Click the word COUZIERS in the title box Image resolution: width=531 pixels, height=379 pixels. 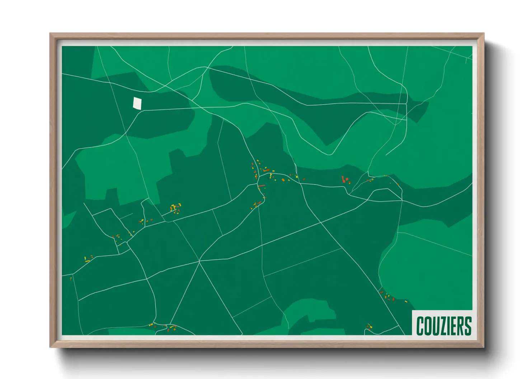click(444, 326)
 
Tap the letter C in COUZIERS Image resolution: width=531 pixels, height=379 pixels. click(420, 326)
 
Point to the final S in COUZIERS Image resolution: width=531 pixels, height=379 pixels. click(467, 326)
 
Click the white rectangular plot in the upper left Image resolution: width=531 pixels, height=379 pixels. click(137, 103)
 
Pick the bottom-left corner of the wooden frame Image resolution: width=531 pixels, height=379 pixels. click(51, 347)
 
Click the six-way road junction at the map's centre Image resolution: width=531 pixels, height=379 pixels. click(199, 262)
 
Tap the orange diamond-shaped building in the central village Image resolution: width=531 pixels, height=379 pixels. click(283, 179)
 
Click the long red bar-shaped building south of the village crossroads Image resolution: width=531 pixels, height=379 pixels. click(262, 186)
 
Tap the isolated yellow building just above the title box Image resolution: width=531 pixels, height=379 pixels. click(406, 302)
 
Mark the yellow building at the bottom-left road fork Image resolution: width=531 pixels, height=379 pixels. click(151, 325)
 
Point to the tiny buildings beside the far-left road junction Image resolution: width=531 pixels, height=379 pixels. click(71, 278)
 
